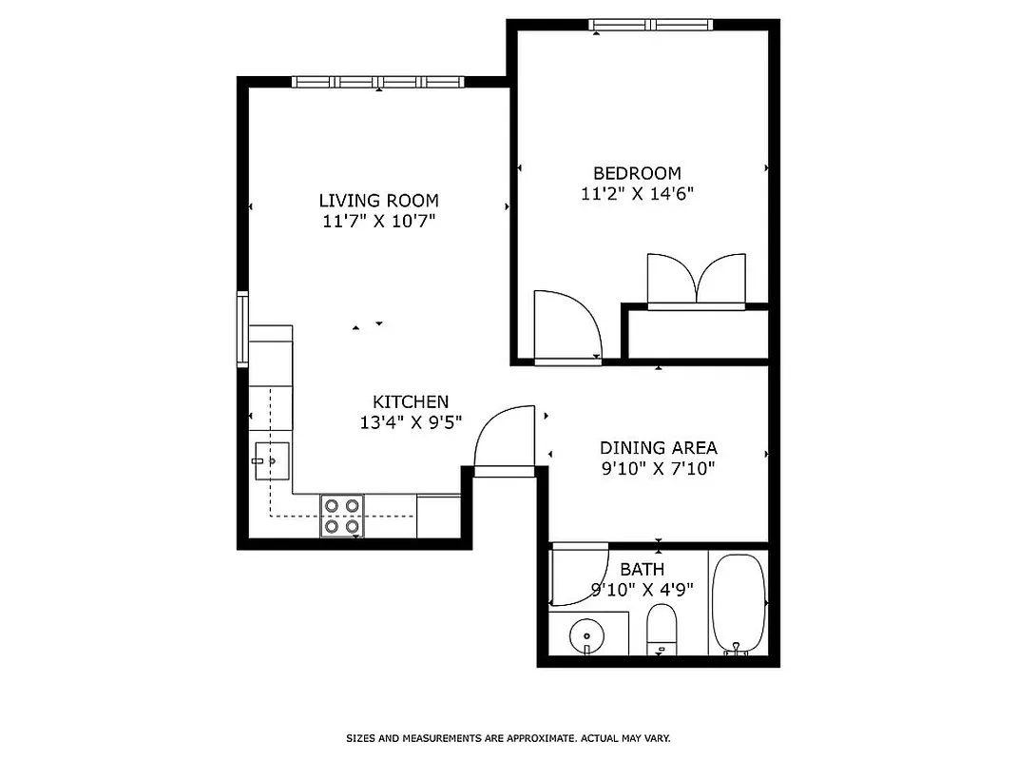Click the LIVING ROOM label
(x=378, y=201)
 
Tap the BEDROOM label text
(x=637, y=173)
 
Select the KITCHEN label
(x=410, y=402)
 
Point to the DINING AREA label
(x=658, y=447)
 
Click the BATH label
(x=642, y=570)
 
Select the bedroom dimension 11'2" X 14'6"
(x=637, y=194)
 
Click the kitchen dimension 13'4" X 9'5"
(x=410, y=423)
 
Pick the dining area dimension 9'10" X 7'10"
(x=658, y=468)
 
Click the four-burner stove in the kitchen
(x=342, y=516)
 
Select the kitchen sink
(x=271, y=461)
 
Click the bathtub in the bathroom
(x=738, y=604)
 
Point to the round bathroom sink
(x=587, y=634)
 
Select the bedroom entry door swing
(x=566, y=326)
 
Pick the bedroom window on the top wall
(x=651, y=25)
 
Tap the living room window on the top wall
(x=377, y=82)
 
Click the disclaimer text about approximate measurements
(x=508, y=738)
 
